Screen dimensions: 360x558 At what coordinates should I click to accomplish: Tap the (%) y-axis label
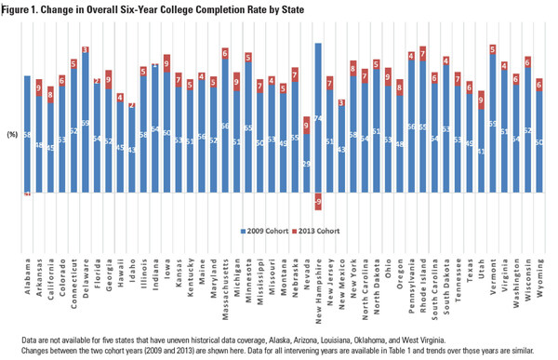point(12,135)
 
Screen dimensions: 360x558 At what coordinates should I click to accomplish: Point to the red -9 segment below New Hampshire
point(318,202)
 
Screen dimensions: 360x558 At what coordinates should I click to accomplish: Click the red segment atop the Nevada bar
point(307,125)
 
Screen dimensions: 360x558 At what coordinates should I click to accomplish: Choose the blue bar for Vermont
point(492,123)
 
